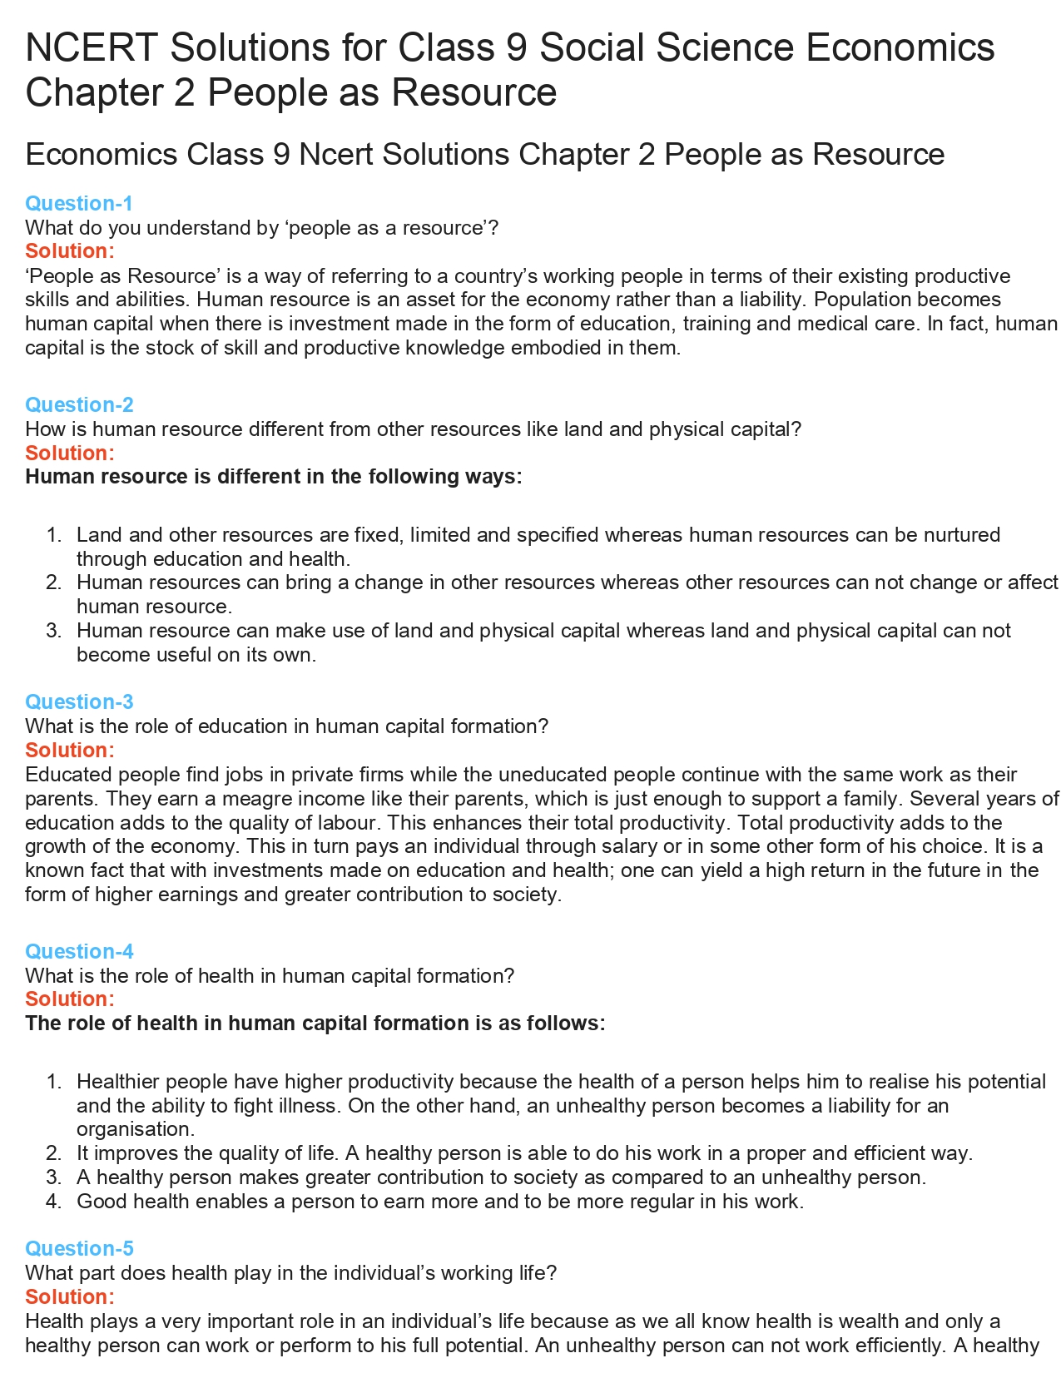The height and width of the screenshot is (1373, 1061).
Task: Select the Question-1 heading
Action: click(79, 203)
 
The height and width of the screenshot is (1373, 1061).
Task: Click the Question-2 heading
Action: click(79, 404)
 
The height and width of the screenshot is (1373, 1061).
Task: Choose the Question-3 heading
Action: click(79, 701)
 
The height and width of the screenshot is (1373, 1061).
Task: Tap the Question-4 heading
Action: click(79, 951)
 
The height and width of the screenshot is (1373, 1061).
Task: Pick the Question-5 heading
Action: click(79, 1248)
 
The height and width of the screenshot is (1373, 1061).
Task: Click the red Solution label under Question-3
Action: click(70, 750)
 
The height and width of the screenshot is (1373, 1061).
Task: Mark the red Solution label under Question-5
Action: click(70, 1296)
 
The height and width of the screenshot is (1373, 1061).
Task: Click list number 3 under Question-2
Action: click(54, 631)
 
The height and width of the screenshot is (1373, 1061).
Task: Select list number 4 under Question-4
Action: click(54, 1202)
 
